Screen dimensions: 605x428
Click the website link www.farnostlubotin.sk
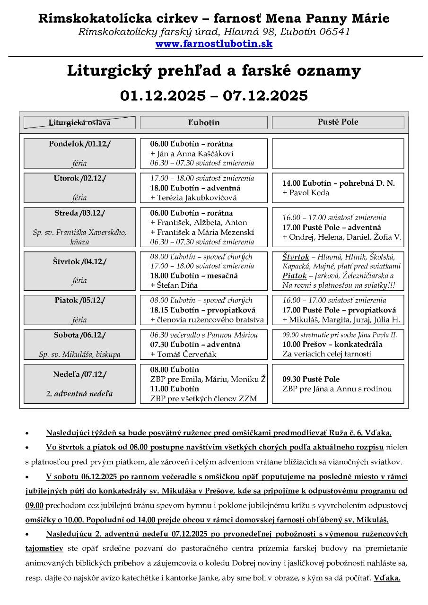click(214, 44)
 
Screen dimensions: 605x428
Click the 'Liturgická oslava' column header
click(79, 123)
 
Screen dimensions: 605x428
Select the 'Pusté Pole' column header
click(338, 122)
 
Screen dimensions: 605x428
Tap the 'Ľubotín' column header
click(204, 122)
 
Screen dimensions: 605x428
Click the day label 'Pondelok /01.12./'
click(79, 144)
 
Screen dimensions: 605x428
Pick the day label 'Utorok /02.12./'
click(79, 178)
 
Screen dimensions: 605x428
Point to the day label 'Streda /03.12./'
click(79, 213)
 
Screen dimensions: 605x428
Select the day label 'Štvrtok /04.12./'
click(79, 261)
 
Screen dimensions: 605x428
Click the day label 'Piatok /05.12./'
click(79, 300)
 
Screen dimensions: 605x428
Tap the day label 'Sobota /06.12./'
click(79, 335)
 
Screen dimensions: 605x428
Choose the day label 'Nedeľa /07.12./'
click(79, 374)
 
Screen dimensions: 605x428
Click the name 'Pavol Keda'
click(308, 193)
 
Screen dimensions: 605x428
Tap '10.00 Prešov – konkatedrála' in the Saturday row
click(332, 344)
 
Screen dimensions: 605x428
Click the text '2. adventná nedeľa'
click(79, 393)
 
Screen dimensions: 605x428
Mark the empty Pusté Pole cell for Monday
click(338, 153)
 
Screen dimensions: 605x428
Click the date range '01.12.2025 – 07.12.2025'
click(214, 95)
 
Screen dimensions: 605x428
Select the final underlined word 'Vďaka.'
click(387, 578)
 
